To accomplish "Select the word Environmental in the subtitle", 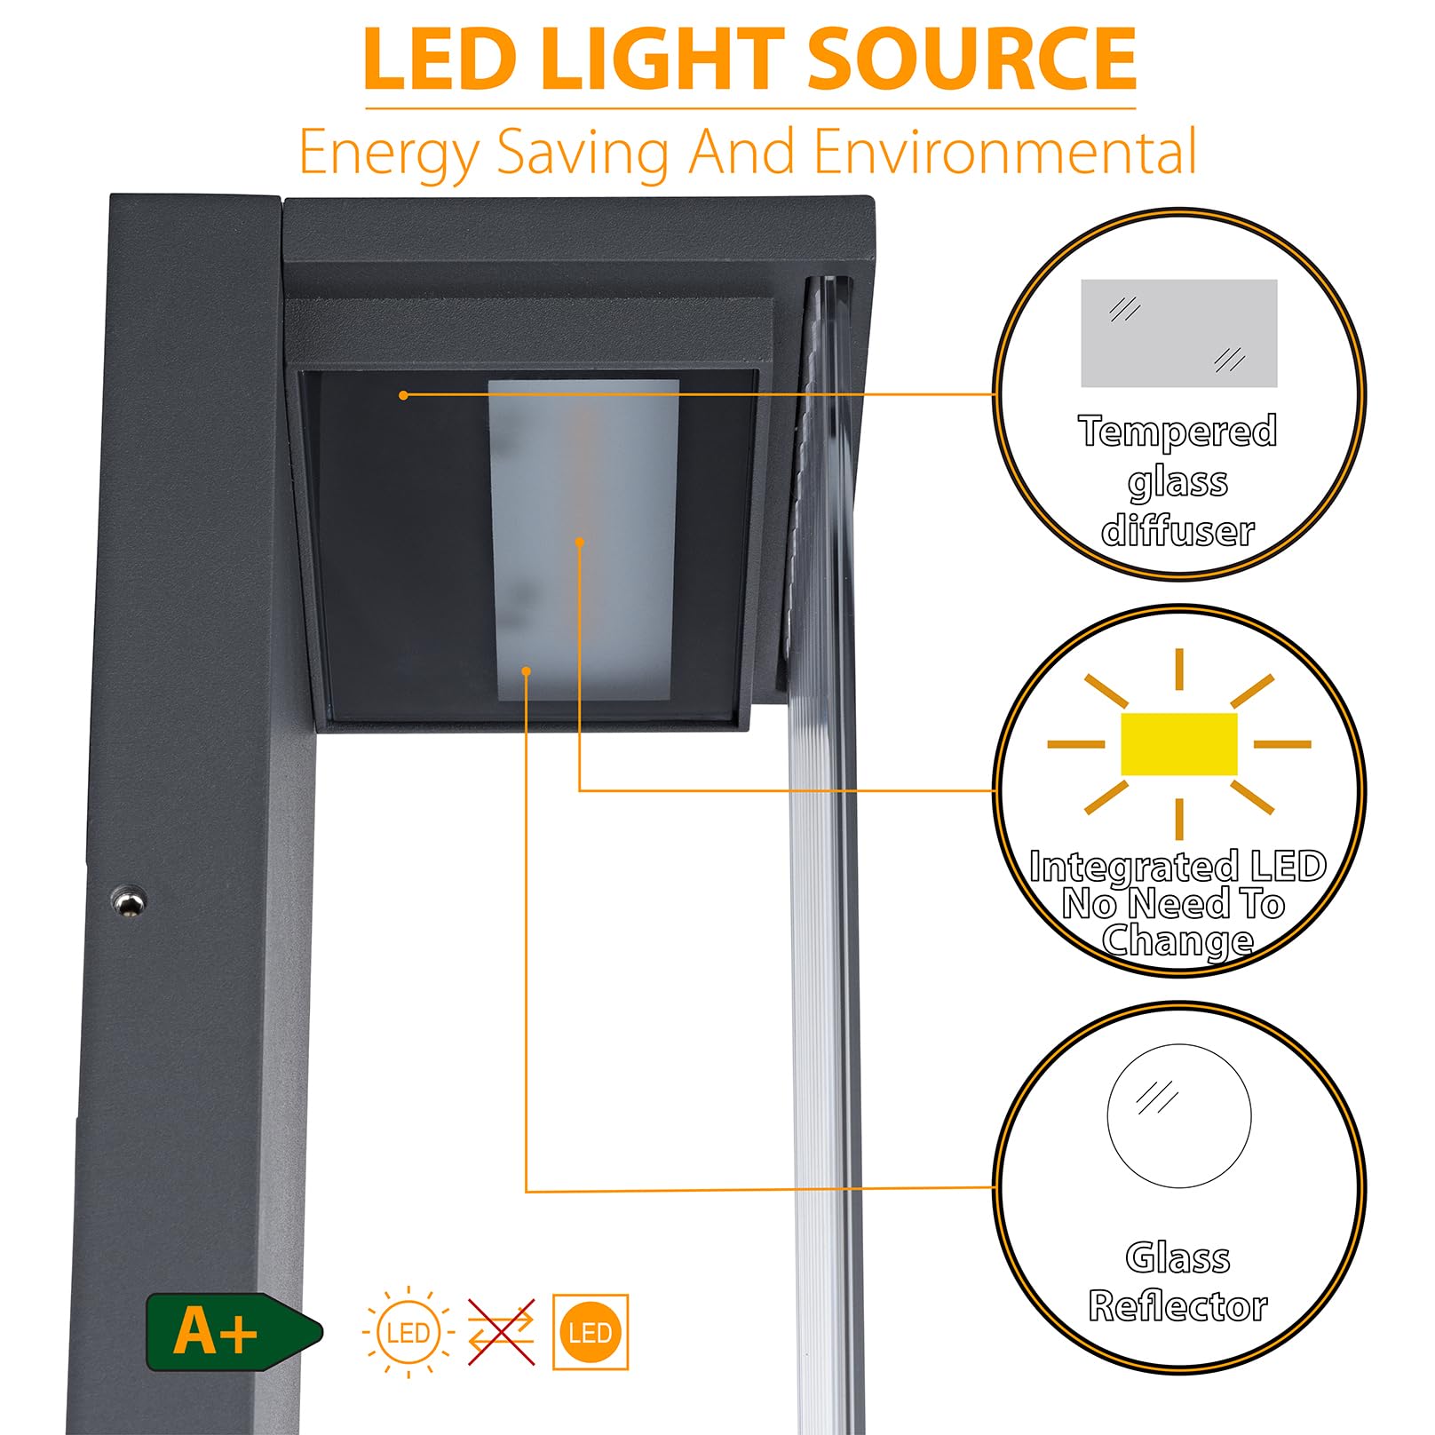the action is pyautogui.click(x=1005, y=152).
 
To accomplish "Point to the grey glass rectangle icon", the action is pyautogui.click(x=1178, y=333).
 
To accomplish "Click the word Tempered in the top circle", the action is pyautogui.click(x=1177, y=432).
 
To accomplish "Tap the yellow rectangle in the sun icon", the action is pyautogui.click(x=1179, y=743).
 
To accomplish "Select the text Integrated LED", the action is pyautogui.click(x=1177, y=867).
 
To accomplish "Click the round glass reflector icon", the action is pyautogui.click(x=1179, y=1115).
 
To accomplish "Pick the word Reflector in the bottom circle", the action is pyautogui.click(x=1177, y=1306).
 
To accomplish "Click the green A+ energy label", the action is pyautogui.click(x=234, y=1332).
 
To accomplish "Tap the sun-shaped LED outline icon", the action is pyautogui.click(x=408, y=1332).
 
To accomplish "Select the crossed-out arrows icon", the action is pyautogui.click(x=502, y=1332).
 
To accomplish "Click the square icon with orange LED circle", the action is pyautogui.click(x=591, y=1332).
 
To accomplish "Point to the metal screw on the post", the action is pyautogui.click(x=129, y=901).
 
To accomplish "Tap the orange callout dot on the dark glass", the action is pyautogui.click(x=404, y=395).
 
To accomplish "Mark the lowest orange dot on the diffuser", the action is pyautogui.click(x=527, y=671).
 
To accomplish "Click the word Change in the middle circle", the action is pyautogui.click(x=1177, y=941).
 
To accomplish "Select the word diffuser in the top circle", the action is pyautogui.click(x=1177, y=531).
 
